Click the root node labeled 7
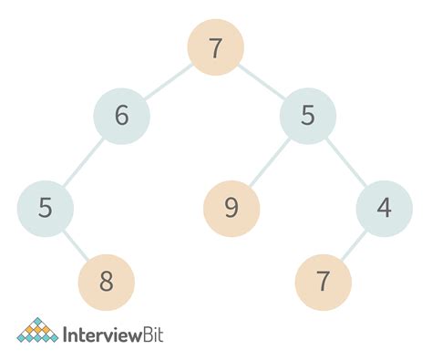click(216, 48)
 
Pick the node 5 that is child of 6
click(45, 209)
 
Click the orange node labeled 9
click(231, 209)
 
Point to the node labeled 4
click(384, 209)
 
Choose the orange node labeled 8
click(107, 281)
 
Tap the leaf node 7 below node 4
click(323, 281)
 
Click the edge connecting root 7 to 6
click(169, 83)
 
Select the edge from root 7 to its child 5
click(262, 83)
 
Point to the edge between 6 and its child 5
click(84, 163)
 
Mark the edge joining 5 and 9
click(270, 163)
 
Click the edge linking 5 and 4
click(346, 163)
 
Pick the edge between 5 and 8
click(76, 245)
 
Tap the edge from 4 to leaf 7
click(354, 245)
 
